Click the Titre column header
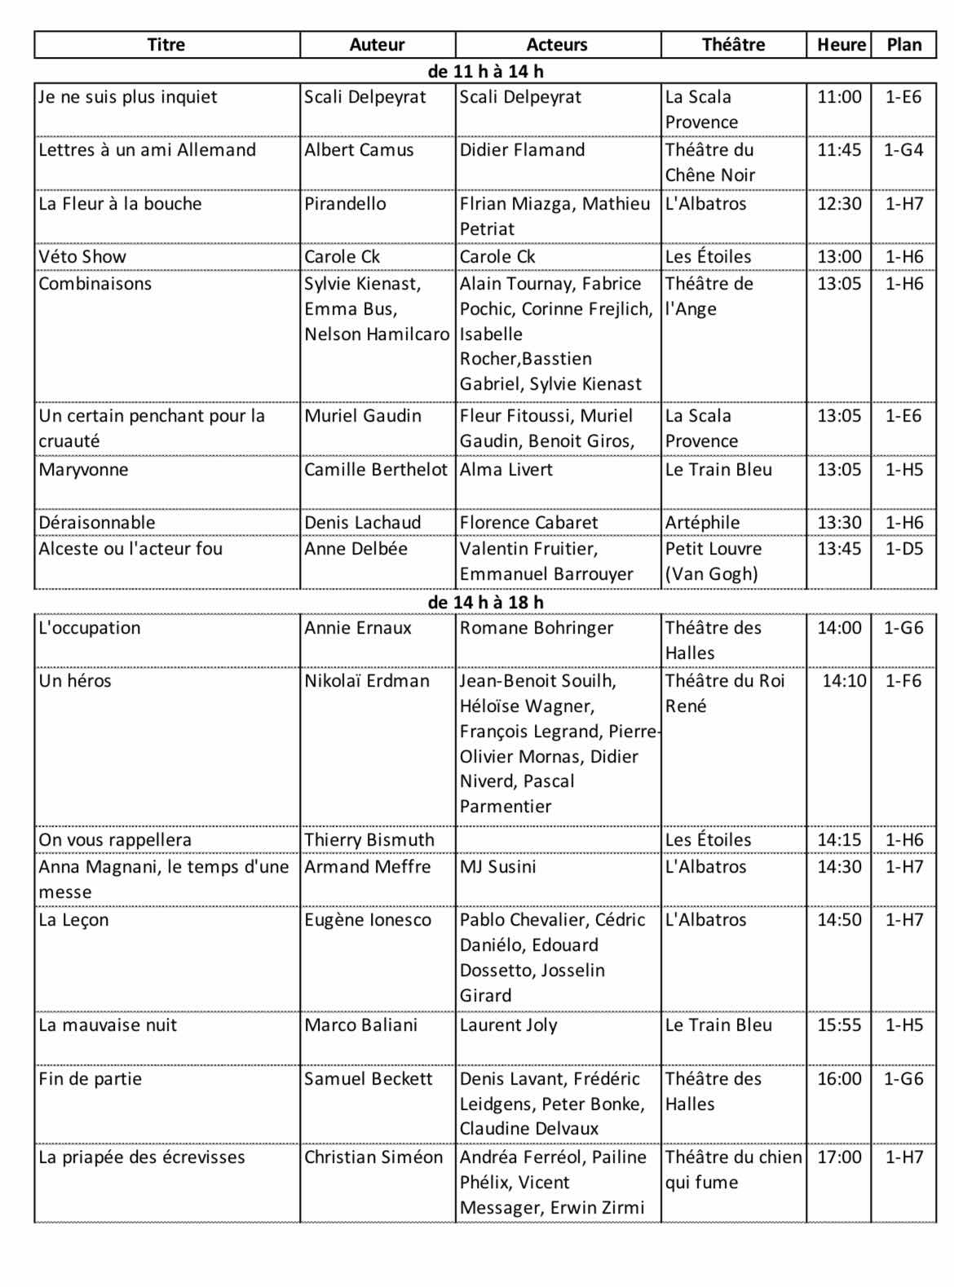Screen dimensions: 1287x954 click(166, 45)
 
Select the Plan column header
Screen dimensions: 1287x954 click(903, 45)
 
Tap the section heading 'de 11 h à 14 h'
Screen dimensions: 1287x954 click(485, 71)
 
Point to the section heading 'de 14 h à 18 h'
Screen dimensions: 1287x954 click(485, 602)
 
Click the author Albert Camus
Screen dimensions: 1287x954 click(359, 150)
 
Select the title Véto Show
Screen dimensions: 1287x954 click(82, 256)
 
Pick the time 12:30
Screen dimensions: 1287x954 click(839, 203)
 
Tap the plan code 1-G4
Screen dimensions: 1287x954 click(903, 150)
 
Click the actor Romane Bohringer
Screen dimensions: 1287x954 click(536, 628)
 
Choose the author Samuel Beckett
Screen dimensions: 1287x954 click(368, 1079)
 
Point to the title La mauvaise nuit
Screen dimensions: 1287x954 click(108, 1025)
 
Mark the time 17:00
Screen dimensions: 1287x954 click(839, 1157)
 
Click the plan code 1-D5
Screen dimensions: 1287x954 click(903, 549)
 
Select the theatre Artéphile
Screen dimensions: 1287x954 click(702, 522)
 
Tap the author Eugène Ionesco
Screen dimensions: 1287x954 click(368, 920)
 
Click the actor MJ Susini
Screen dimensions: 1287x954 click(497, 866)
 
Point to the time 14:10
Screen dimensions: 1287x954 click(844, 681)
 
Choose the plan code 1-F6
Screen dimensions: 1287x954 click(903, 681)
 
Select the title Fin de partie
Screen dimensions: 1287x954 click(90, 1079)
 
